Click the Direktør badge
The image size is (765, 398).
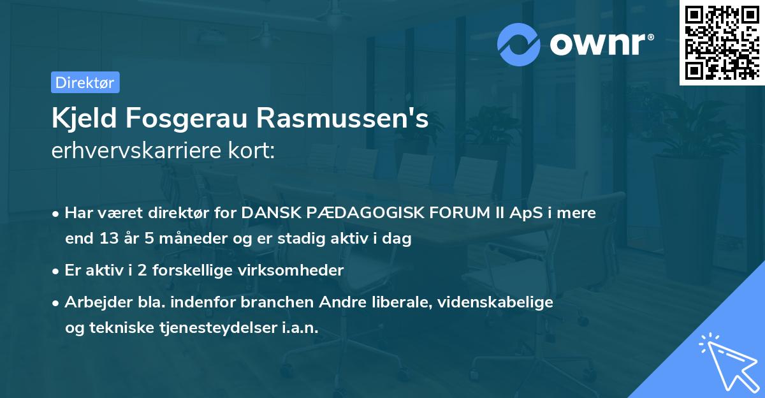85,82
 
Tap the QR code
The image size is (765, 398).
721,43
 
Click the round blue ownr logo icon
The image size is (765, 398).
520,45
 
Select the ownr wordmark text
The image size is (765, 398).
600,45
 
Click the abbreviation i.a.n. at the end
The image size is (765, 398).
297,327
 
